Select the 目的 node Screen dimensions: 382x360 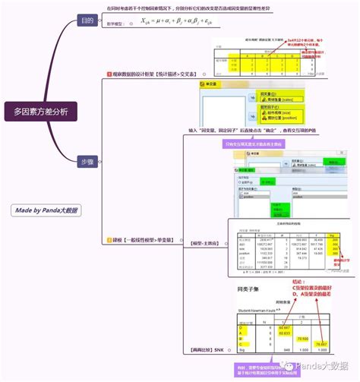[x=89, y=22]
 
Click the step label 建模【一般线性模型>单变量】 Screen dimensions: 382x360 [x=147, y=240]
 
